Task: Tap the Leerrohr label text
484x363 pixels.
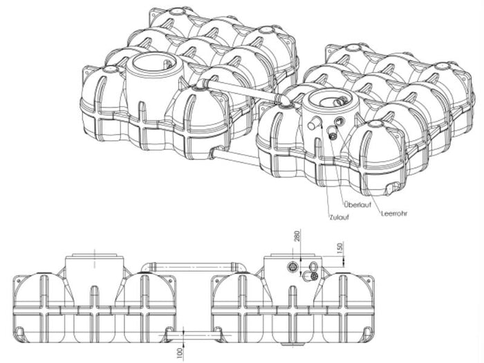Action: (x=393, y=213)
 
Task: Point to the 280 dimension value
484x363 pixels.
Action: (x=297, y=239)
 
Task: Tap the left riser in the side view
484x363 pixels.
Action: (x=91, y=270)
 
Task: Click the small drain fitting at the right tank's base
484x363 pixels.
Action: (x=392, y=187)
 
